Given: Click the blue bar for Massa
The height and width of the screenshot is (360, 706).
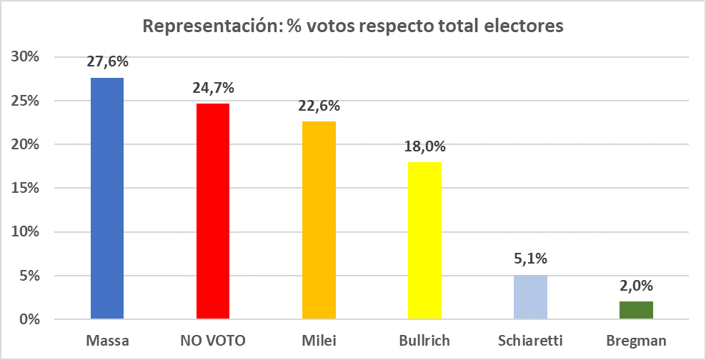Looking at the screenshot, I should pos(107,198).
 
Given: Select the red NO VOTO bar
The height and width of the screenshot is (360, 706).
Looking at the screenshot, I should pos(213,211).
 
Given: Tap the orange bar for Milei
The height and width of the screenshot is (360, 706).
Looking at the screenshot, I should pos(319,220).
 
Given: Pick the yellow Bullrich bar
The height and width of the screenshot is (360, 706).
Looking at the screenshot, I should pos(424,240).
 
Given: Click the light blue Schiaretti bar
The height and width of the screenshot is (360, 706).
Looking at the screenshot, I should pos(530,297).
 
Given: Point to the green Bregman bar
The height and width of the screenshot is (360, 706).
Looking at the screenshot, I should pos(636,310).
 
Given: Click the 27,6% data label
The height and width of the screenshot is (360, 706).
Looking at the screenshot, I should pos(107,62).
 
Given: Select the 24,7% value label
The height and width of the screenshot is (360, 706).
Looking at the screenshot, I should pos(213,88).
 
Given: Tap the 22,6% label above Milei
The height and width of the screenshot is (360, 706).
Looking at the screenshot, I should pos(319,106).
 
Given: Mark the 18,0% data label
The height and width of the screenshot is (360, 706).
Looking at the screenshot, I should pos(424,147).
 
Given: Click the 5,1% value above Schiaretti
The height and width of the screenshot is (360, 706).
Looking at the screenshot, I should pos(530,259).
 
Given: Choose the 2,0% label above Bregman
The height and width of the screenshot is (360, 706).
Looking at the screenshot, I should pos(636,286).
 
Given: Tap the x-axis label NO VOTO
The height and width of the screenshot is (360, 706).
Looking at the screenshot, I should pos(213,340).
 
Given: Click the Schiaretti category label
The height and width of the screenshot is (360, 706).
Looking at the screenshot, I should pos(530,340).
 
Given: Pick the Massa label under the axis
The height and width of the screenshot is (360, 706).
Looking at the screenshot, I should pos(107,340).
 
